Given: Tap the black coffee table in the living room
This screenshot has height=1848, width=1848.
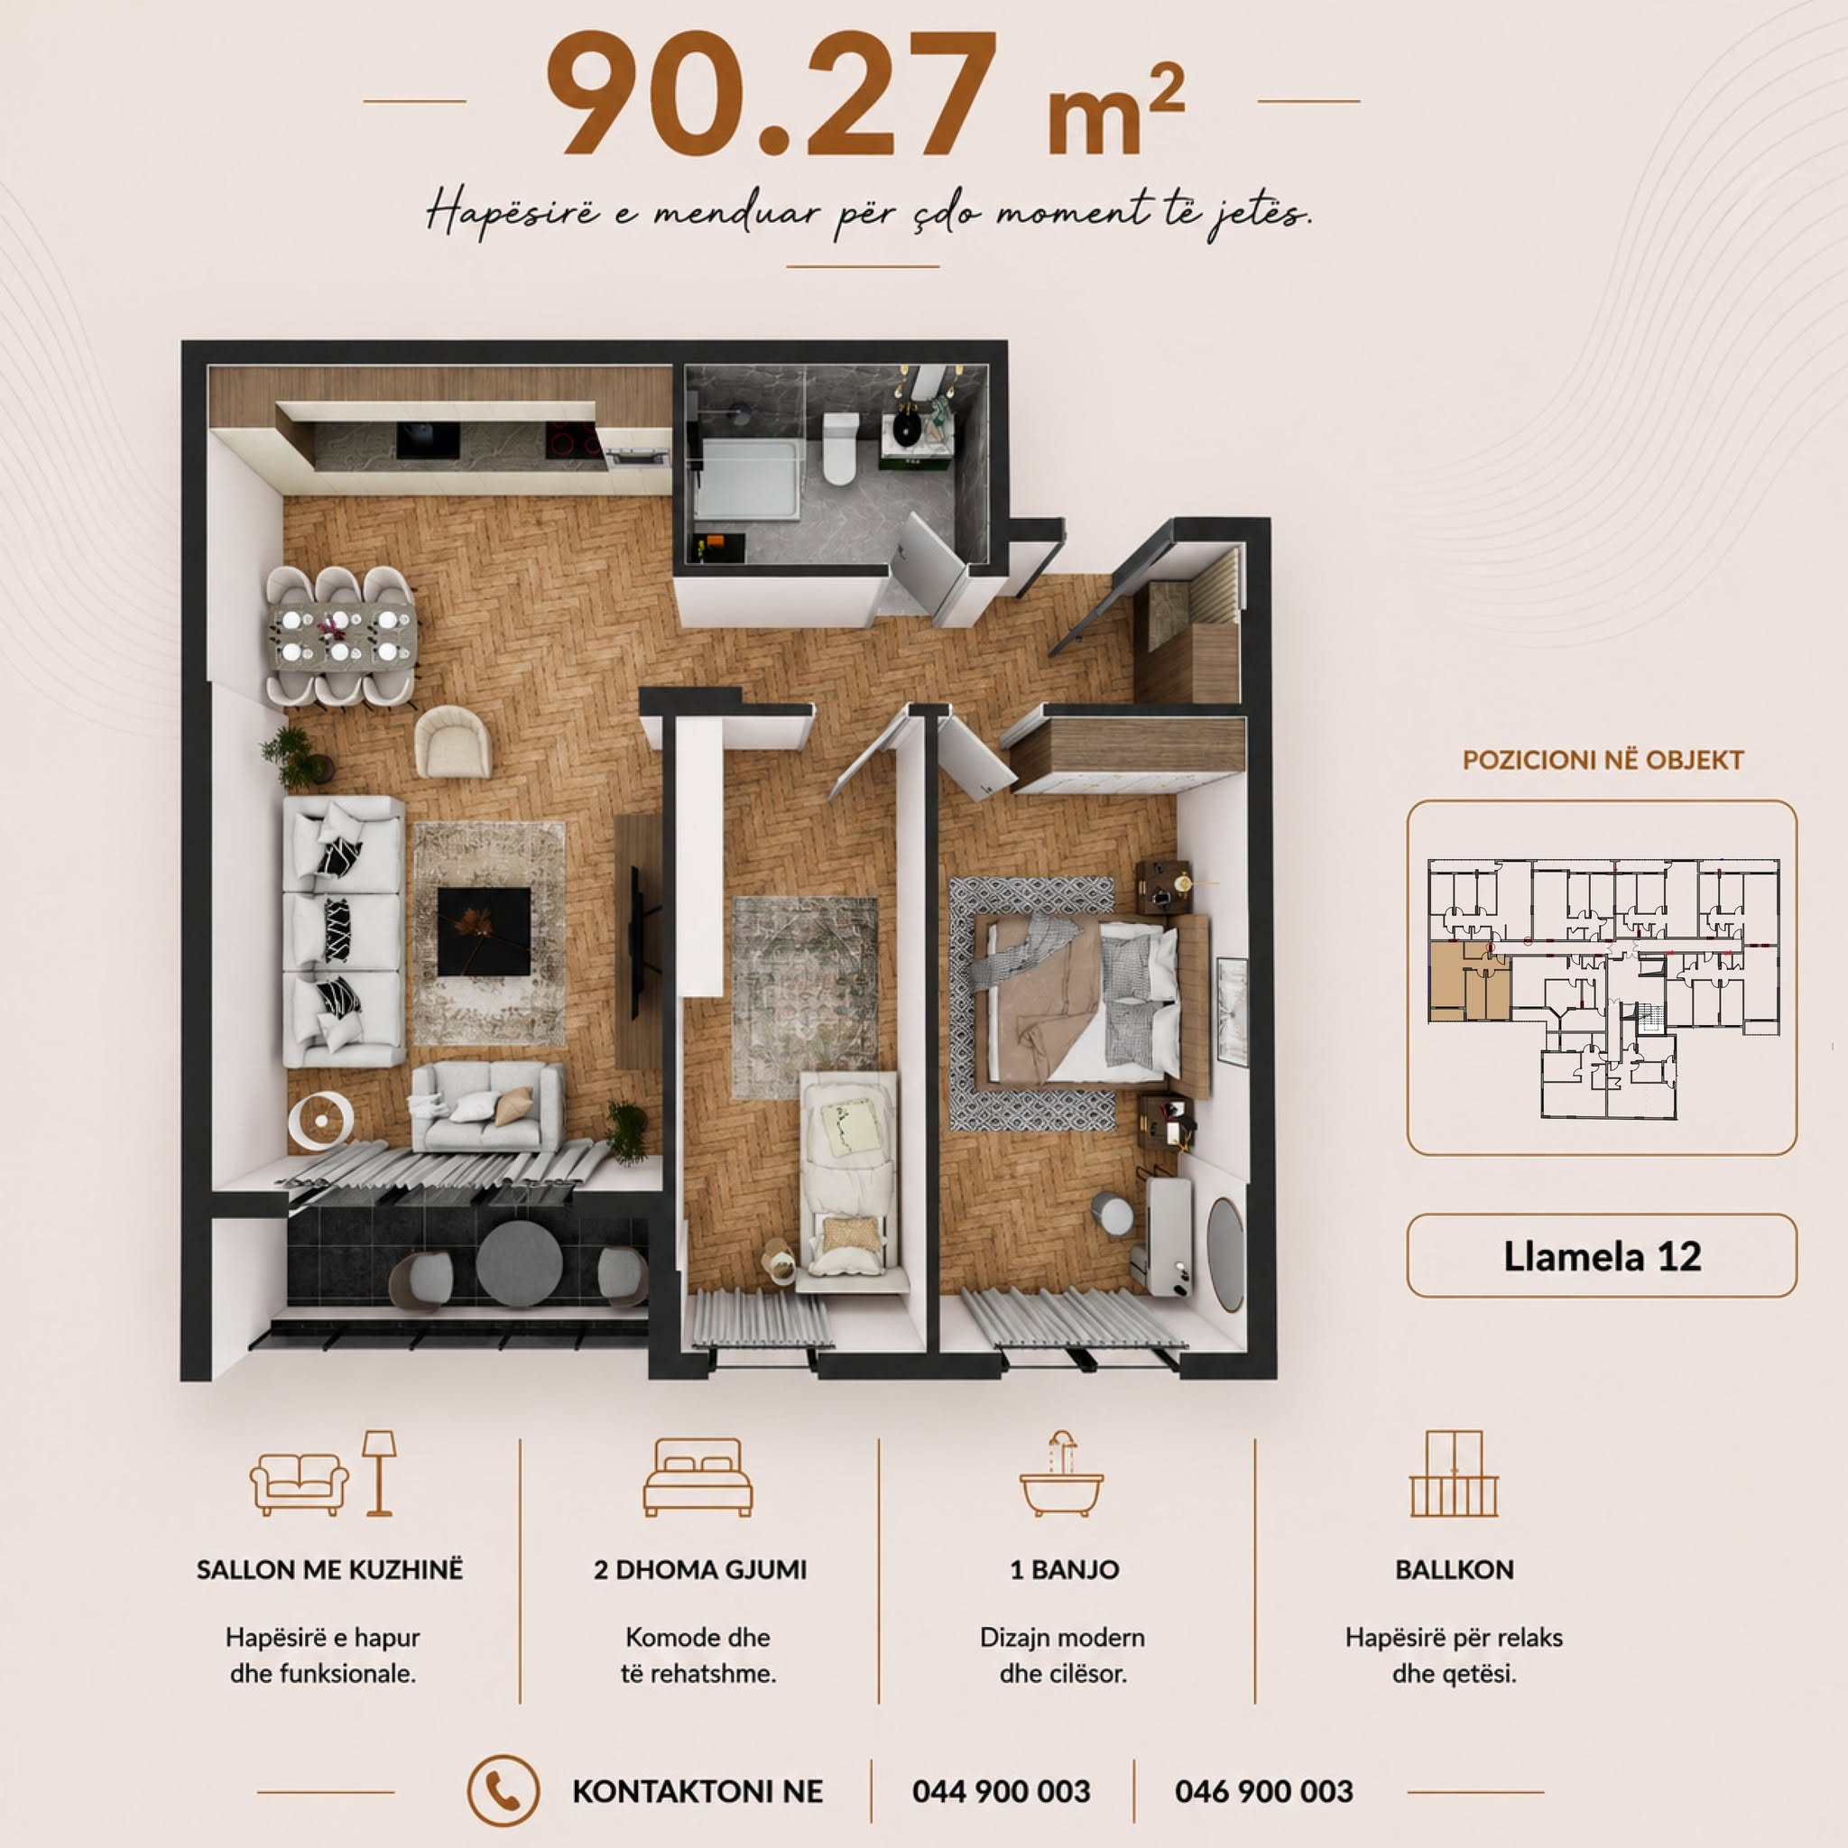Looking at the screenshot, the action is coord(484,931).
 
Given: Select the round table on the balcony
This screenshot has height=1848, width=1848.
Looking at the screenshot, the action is coord(520,1261).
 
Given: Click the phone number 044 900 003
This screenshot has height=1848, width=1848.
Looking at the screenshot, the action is coord(1002,1790).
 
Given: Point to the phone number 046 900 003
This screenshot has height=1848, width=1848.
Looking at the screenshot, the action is coord(1263,1790).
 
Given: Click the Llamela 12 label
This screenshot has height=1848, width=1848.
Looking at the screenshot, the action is coord(1603,1256).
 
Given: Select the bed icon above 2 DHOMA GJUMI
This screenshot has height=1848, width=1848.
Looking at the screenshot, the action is coord(698,1477).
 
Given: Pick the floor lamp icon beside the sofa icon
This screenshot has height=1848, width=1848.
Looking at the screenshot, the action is coord(379,1473).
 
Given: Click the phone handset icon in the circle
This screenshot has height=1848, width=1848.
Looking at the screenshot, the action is coord(504,1790).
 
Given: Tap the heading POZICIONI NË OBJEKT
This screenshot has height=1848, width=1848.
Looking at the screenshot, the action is coord(1603,761).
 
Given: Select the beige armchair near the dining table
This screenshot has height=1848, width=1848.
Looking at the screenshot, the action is coord(452,742).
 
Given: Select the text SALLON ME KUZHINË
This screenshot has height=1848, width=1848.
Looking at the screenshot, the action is coord(330,1570).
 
